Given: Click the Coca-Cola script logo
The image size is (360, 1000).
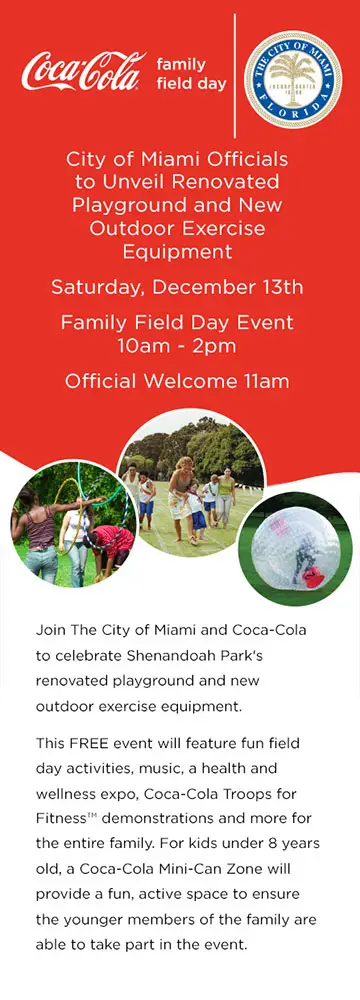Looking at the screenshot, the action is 82,71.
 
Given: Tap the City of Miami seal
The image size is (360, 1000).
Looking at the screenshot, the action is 292,79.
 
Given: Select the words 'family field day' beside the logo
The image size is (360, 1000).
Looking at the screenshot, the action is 191,73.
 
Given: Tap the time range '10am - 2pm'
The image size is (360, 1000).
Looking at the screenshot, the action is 177,346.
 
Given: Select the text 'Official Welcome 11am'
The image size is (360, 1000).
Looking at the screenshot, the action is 177,381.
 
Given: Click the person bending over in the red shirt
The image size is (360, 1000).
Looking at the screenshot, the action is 109,546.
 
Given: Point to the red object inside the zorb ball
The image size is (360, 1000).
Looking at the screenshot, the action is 313,578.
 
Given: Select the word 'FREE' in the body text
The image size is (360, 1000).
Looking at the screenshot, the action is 87,743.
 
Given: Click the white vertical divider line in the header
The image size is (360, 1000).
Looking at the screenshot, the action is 235,75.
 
